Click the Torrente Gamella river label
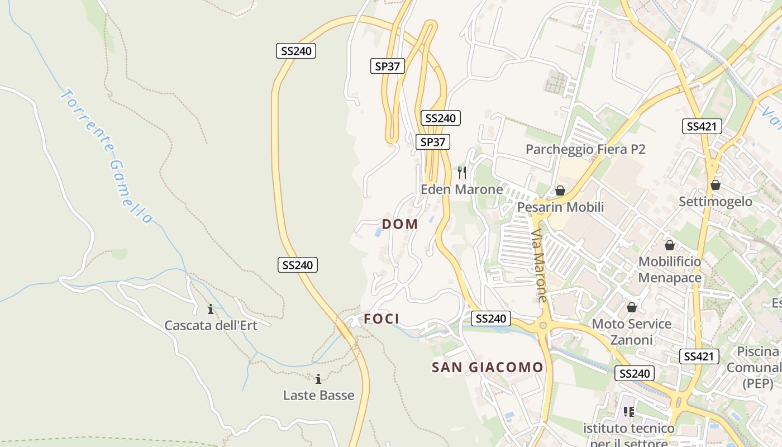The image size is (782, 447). (106, 156)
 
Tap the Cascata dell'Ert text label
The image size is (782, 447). (211, 325)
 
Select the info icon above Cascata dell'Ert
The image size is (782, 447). (211, 308)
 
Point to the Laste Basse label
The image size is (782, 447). (318, 395)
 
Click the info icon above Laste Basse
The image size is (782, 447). (318, 379)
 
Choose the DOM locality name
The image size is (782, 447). (400, 224)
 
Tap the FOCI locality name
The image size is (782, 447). (382, 319)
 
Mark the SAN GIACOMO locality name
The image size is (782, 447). (488, 367)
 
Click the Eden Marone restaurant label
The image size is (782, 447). (461, 189)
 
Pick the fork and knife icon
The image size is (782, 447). (461, 172)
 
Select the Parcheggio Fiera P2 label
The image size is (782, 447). (585, 149)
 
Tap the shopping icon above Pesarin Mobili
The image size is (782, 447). (560, 191)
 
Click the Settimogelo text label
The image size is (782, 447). (716, 201)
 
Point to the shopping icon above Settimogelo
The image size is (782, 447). (716, 184)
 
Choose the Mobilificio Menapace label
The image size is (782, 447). (670, 269)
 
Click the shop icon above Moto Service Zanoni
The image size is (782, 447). (632, 307)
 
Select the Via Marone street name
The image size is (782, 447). (539, 265)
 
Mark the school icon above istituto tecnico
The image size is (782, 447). (629, 412)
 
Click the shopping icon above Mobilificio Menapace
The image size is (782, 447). (670, 245)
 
